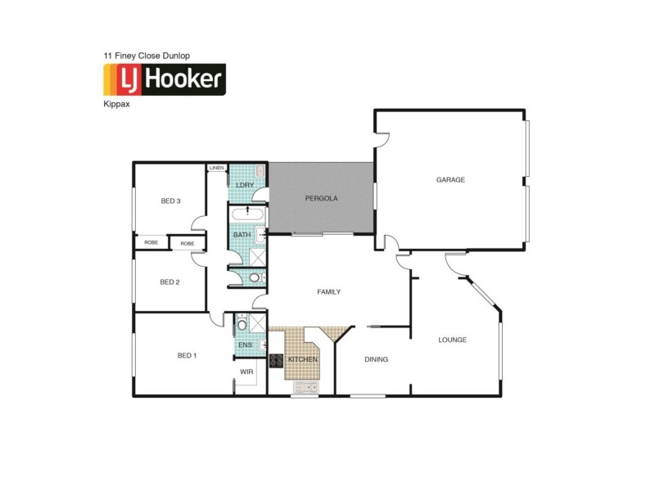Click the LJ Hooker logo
(x=164, y=80)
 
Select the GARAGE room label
(x=450, y=179)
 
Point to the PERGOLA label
(x=322, y=198)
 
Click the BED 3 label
(x=170, y=200)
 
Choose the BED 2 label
(x=169, y=282)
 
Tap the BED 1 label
(x=187, y=355)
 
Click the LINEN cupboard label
(x=217, y=168)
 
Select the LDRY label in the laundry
(x=245, y=185)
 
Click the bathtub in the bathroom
(x=247, y=214)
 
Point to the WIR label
(x=246, y=372)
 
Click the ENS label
(x=245, y=345)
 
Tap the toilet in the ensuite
(x=242, y=325)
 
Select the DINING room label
(x=376, y=358)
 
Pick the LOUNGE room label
(x=452, y=339)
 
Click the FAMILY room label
(x=329, y=291)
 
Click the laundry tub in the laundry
(x=259, y=171)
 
